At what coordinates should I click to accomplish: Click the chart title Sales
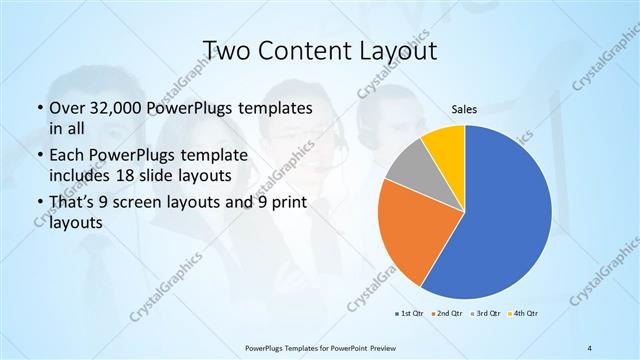click(x=464, y=109)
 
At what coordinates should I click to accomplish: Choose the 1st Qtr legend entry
click(x=409, y=314)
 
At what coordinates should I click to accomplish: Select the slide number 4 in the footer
click(x=589, y=347)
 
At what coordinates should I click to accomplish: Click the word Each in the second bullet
click(x=66, y=157)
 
